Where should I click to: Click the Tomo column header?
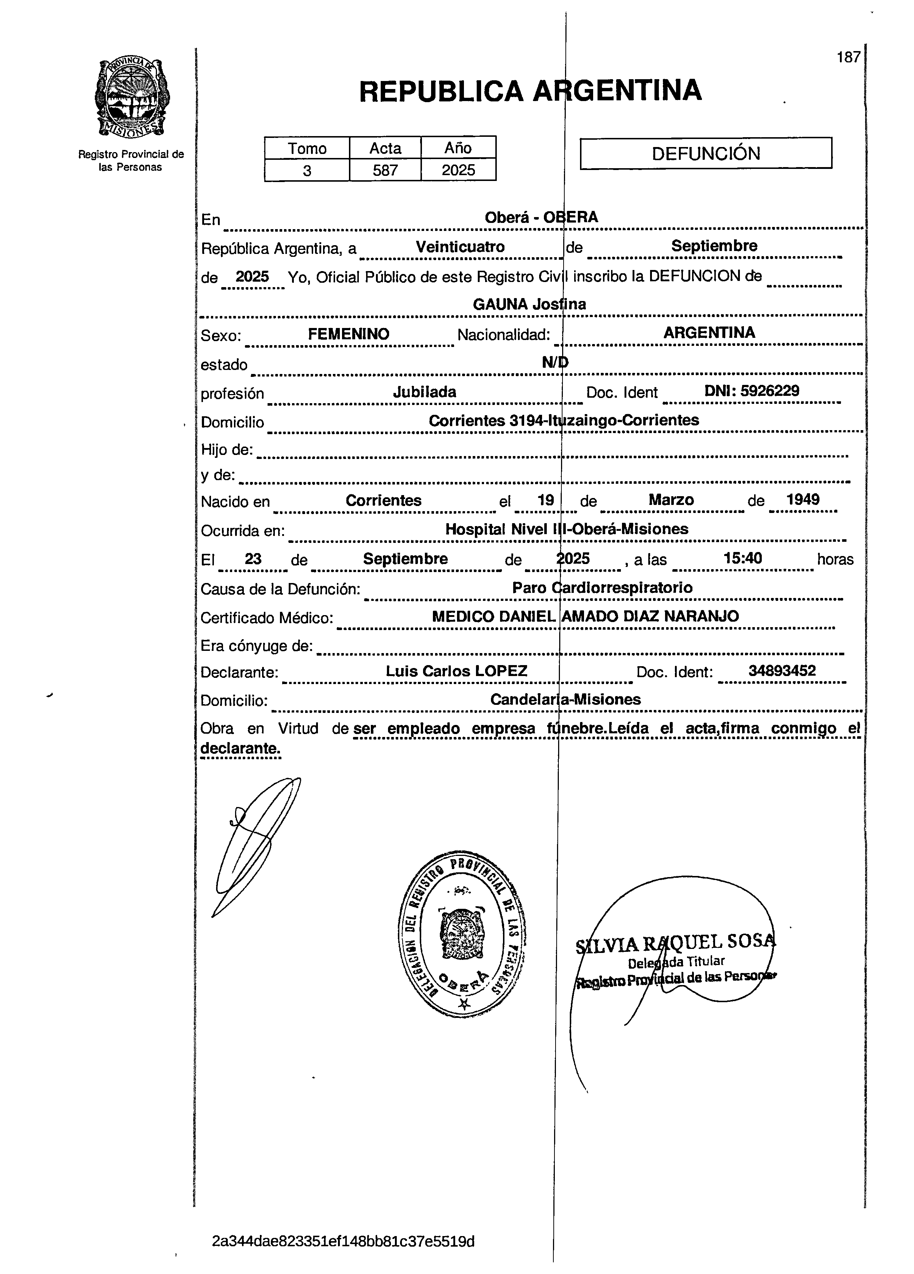click(307, 148)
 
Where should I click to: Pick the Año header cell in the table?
click(458, 148)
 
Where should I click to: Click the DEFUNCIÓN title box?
click(706, 153)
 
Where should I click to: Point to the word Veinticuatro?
click(460, 247)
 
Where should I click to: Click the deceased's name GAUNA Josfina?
click(529, 305)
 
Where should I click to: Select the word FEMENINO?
click(349, 334)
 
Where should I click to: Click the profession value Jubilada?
click(425, 392)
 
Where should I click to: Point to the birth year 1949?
click(803, 499)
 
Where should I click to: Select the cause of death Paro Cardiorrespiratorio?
click(602, 588)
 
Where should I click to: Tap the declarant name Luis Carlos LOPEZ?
click(456, 671)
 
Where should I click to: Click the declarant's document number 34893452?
click(782, 671)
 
